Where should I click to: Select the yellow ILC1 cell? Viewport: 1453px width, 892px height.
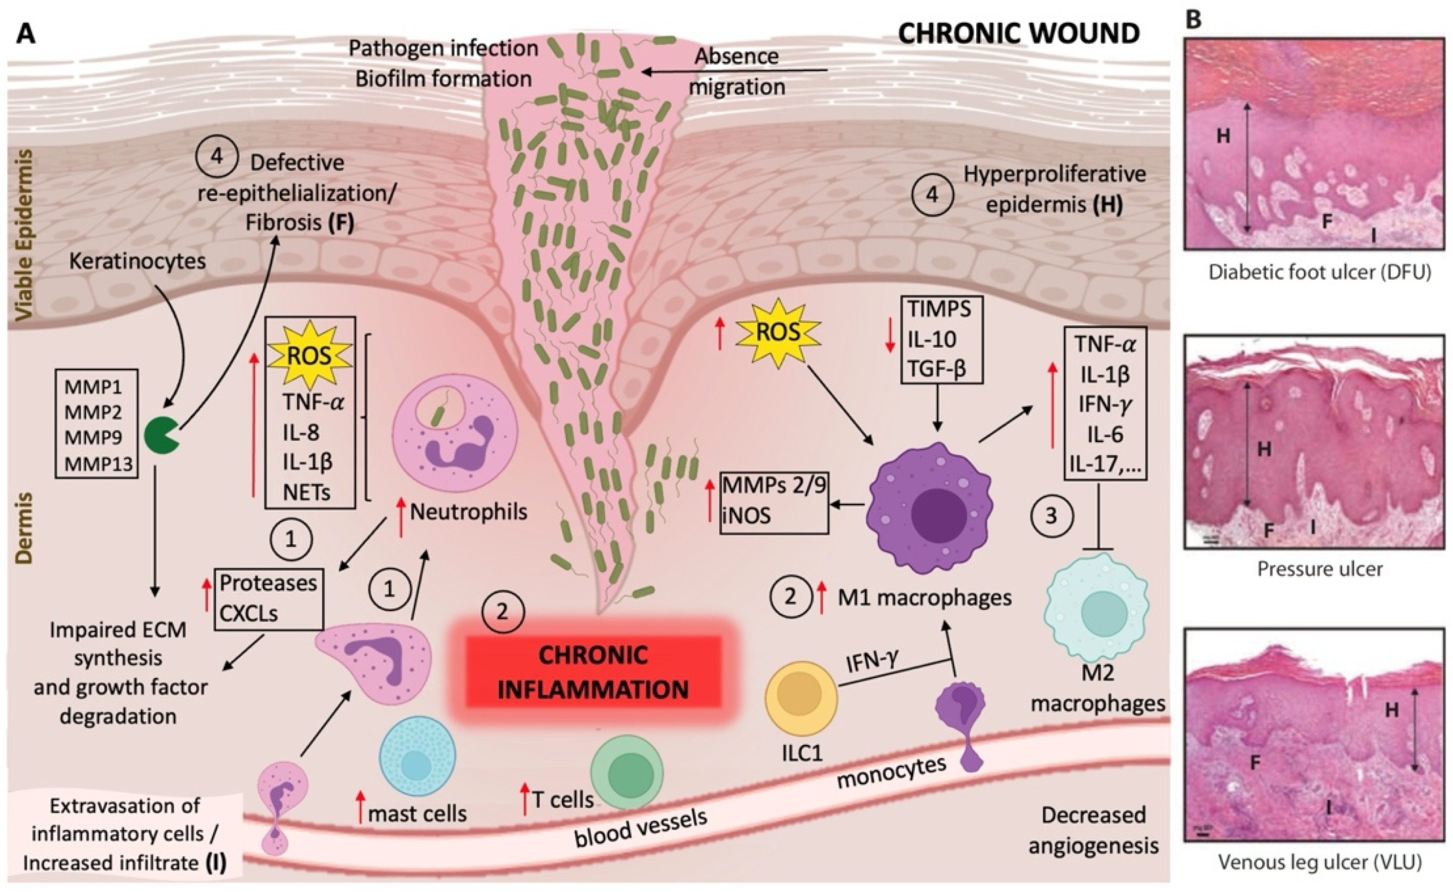(801, 698)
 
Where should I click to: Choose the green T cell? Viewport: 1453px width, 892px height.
(627, 772)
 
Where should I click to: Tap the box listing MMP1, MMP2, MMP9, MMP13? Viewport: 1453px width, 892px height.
(96, 423)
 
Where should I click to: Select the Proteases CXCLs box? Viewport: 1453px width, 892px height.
(269, 599)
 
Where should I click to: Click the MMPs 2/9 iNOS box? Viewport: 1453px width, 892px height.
(774, 502)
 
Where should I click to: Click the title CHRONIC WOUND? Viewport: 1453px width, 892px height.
(1018, 34)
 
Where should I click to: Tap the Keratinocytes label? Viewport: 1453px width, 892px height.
(137, 261)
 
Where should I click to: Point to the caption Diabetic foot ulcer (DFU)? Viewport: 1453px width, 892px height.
(1320, 272)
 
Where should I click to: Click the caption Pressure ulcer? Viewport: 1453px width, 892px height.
(1320, 569)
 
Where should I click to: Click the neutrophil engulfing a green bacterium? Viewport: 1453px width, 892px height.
(454, 431)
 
